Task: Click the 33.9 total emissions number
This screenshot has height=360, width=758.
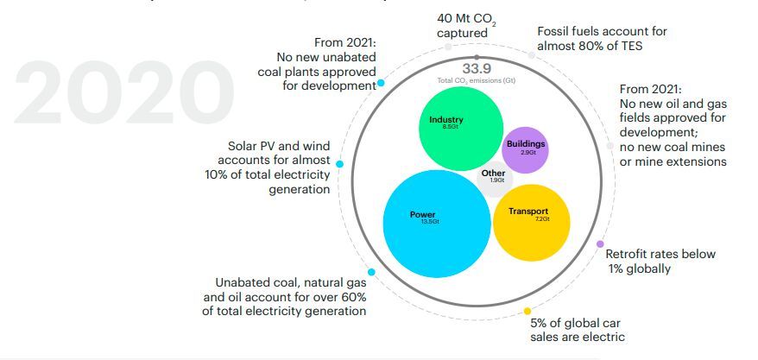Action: click(476, 69)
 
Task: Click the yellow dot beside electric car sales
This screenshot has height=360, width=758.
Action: click(527, 311)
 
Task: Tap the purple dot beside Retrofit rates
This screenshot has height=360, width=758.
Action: click(600, 244)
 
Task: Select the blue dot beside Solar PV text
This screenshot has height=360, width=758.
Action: click(340, 164)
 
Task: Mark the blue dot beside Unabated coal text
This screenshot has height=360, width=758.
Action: click(371, 272)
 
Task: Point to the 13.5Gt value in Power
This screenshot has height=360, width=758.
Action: click(430, 222)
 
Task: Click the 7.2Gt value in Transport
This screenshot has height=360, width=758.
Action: click(542, 219)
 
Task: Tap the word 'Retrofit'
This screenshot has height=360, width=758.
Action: click(629, 255)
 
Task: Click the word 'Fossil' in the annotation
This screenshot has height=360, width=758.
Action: click(555, 31)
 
